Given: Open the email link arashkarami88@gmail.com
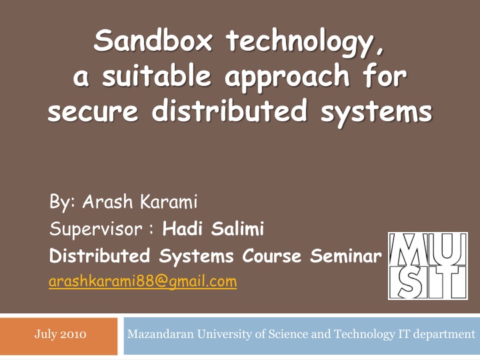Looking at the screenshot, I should (x=143, y=281).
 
